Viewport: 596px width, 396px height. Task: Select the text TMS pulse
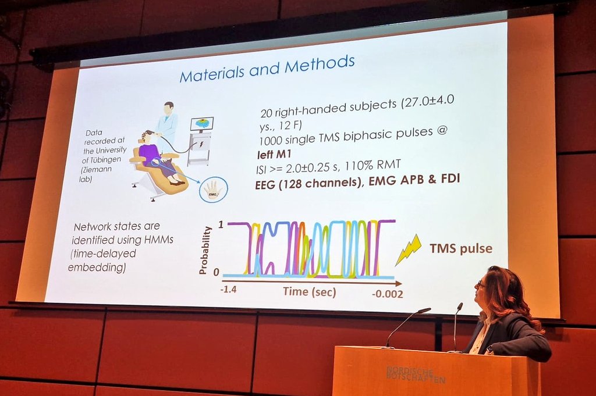(461, 249)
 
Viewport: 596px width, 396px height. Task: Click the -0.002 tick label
(387, 294)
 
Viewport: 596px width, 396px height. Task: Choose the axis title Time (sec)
(309, 291)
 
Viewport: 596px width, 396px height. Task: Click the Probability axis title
(203, 249)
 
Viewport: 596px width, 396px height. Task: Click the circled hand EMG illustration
(212, 189)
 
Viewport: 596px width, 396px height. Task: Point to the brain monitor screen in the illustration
(201, 124)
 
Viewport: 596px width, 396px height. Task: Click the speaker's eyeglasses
(480, 284)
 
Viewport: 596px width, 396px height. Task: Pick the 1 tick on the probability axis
(220, 224)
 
